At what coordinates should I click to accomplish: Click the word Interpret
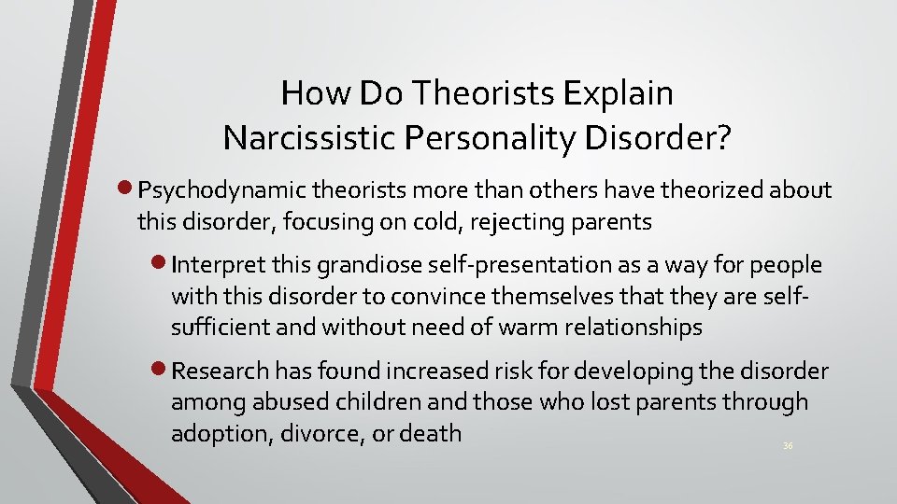221,265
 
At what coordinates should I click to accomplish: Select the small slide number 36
788,447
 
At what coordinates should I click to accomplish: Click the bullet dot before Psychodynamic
128,190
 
